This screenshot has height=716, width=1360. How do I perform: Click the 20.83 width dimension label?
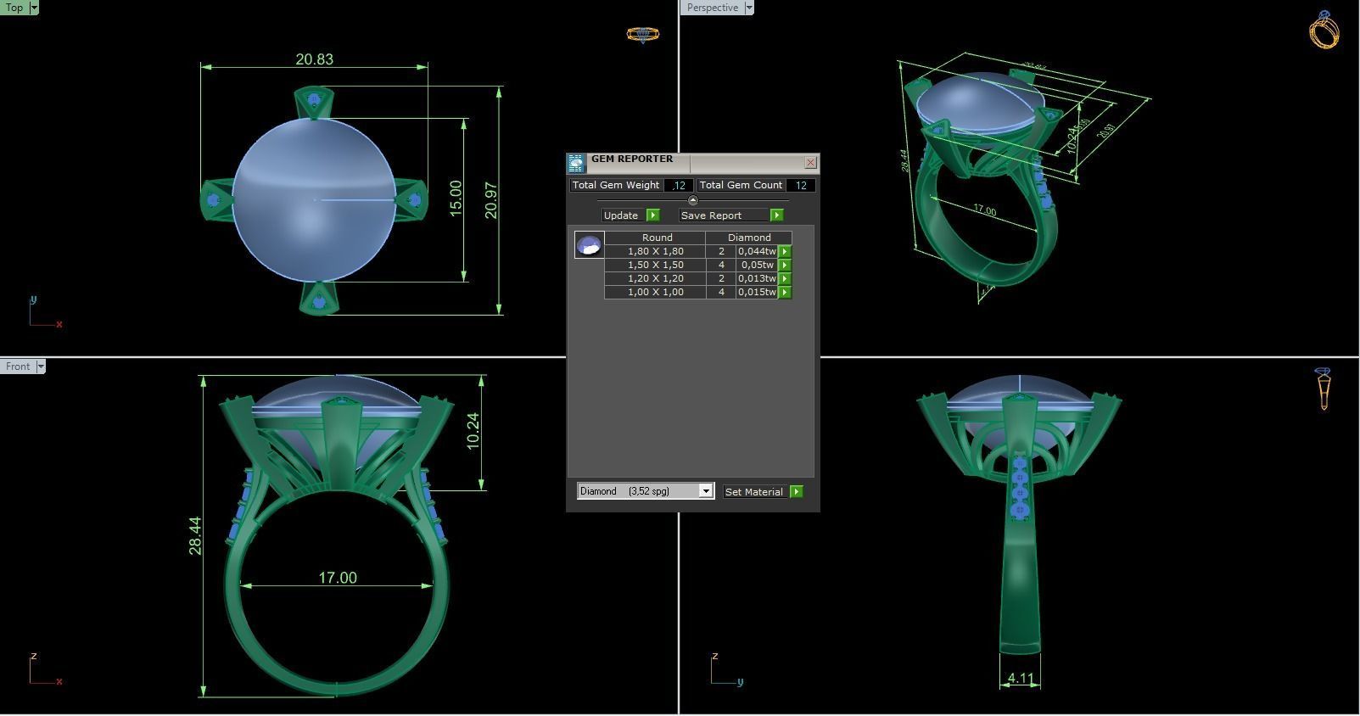314,59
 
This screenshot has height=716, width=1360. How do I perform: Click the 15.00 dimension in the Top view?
456,198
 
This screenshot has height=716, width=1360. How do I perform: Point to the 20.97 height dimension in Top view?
491,200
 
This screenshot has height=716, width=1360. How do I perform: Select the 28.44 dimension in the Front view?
195,535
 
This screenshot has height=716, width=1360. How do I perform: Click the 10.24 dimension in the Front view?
473,430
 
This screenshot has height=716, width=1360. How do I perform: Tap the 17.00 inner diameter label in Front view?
338,578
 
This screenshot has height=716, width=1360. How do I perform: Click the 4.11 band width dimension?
1020,679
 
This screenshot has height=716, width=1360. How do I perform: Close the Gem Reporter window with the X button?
810,162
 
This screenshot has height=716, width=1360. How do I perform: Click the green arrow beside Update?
652,215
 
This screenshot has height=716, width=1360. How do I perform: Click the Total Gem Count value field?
801,185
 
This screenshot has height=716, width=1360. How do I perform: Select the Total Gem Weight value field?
679,185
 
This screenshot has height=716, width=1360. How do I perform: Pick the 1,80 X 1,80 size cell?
655,251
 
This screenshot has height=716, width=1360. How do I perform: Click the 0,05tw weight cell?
757,265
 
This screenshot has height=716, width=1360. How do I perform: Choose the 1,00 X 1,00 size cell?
655,292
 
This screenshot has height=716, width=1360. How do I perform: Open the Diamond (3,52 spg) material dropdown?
705,491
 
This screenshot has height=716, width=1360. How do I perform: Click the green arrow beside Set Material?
796,492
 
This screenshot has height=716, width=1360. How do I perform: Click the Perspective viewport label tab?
712,8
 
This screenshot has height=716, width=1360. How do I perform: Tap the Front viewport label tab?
18,366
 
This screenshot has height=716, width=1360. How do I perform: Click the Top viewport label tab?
14,8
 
